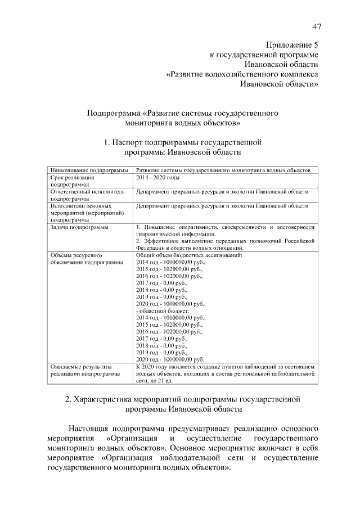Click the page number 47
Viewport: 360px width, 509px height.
coord(317,26)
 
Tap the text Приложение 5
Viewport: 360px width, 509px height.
coord(292,44)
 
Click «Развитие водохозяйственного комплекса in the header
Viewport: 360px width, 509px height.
coord(242,74)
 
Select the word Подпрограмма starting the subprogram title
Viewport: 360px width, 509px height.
coord(113,113)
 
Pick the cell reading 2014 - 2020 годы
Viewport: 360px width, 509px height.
coord(157,177)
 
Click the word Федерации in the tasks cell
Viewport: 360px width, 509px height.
coord(152,248)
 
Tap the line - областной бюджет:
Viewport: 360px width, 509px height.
coord(163,311)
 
